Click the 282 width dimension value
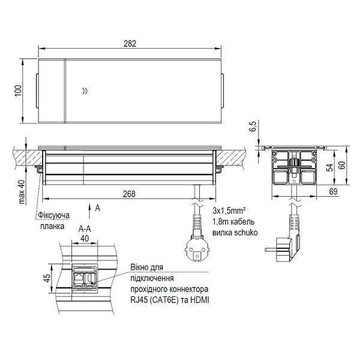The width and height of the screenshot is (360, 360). click(x=130, y=44)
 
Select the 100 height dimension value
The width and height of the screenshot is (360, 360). click(x=18, y=91)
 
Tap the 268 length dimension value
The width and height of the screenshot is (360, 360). click(x=129, y=194)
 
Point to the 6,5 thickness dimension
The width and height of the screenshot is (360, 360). click(x=253, y=126)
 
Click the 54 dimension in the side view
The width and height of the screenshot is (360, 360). click(x=330, y=168)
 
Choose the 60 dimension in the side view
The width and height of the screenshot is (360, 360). click(x=343, y=166)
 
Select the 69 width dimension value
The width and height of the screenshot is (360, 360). click(x=333, y=191)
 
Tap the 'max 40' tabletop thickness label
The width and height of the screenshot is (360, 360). click(x=22, y=192)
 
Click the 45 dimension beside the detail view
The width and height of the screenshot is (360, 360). click(x=47, y=278)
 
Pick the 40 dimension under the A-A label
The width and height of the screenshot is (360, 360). click(x=85, y=239)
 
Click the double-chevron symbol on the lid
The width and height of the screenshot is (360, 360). click(x=85, y=91)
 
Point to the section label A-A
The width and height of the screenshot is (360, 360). click(x=85, y=229)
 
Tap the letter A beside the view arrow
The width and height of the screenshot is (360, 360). click(x=98, y=208)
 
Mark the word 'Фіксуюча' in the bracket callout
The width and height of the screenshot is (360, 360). click(x=53, y=215)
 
